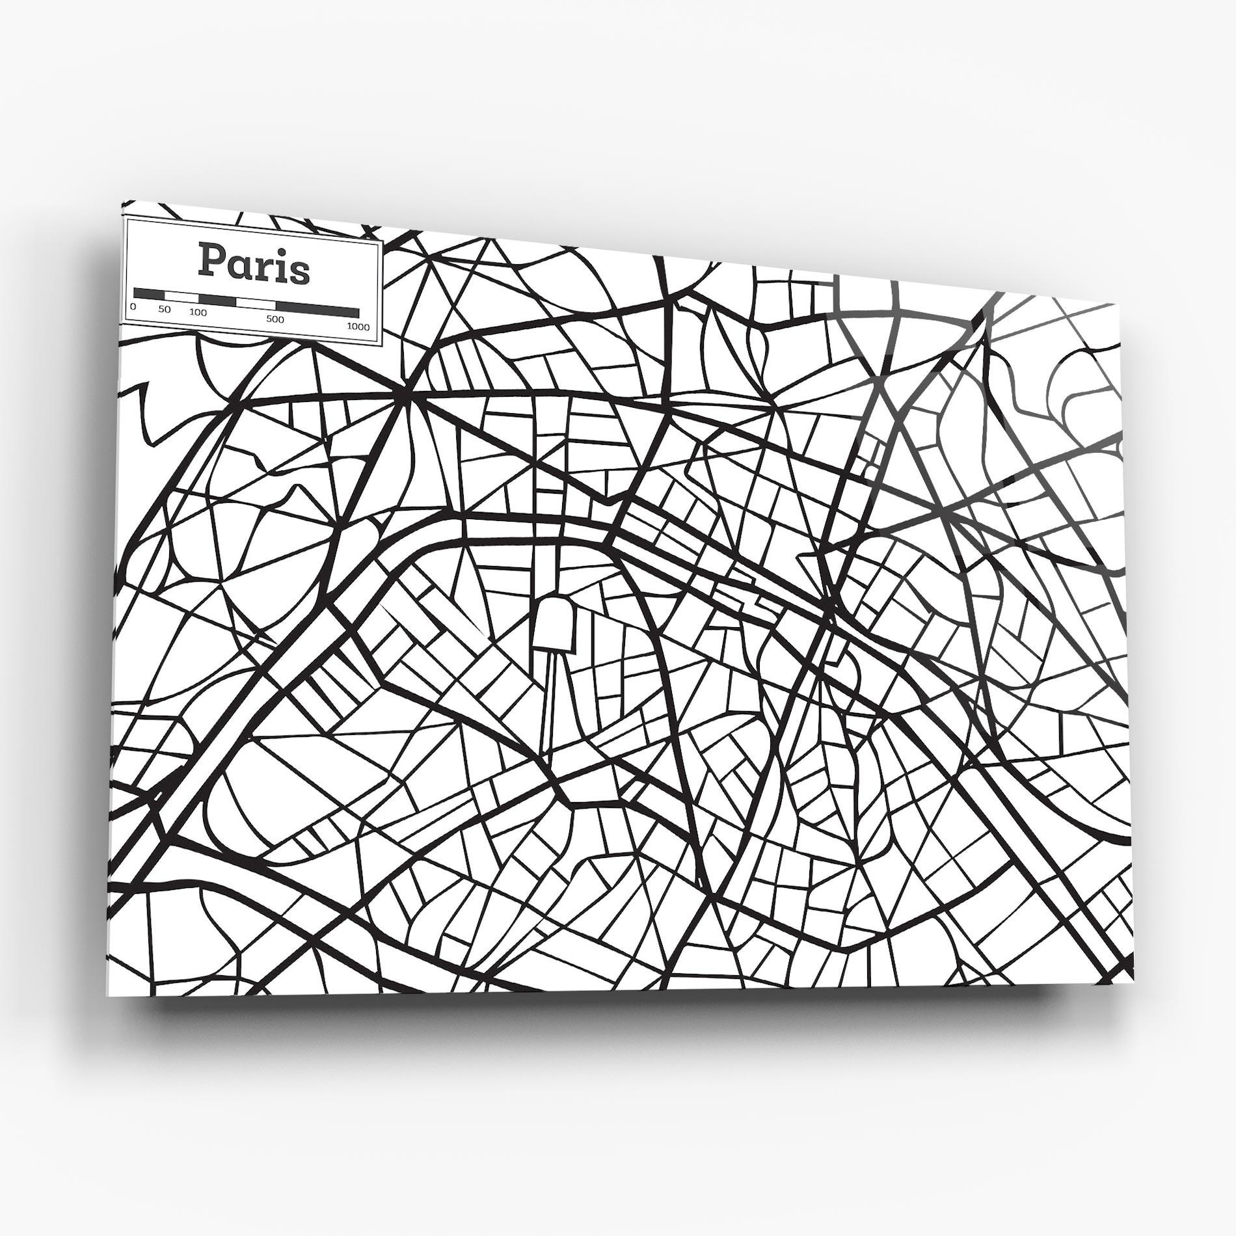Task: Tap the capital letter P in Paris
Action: click(211, 262)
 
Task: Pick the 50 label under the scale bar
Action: click(164, 310)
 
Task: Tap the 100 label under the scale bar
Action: click(198, 312)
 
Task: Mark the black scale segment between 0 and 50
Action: click(149, 294)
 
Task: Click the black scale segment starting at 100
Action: click(217, 300)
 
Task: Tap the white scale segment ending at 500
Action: click(256, 304)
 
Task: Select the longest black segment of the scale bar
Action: click(317, 310)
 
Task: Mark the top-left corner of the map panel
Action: click(122, 202)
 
